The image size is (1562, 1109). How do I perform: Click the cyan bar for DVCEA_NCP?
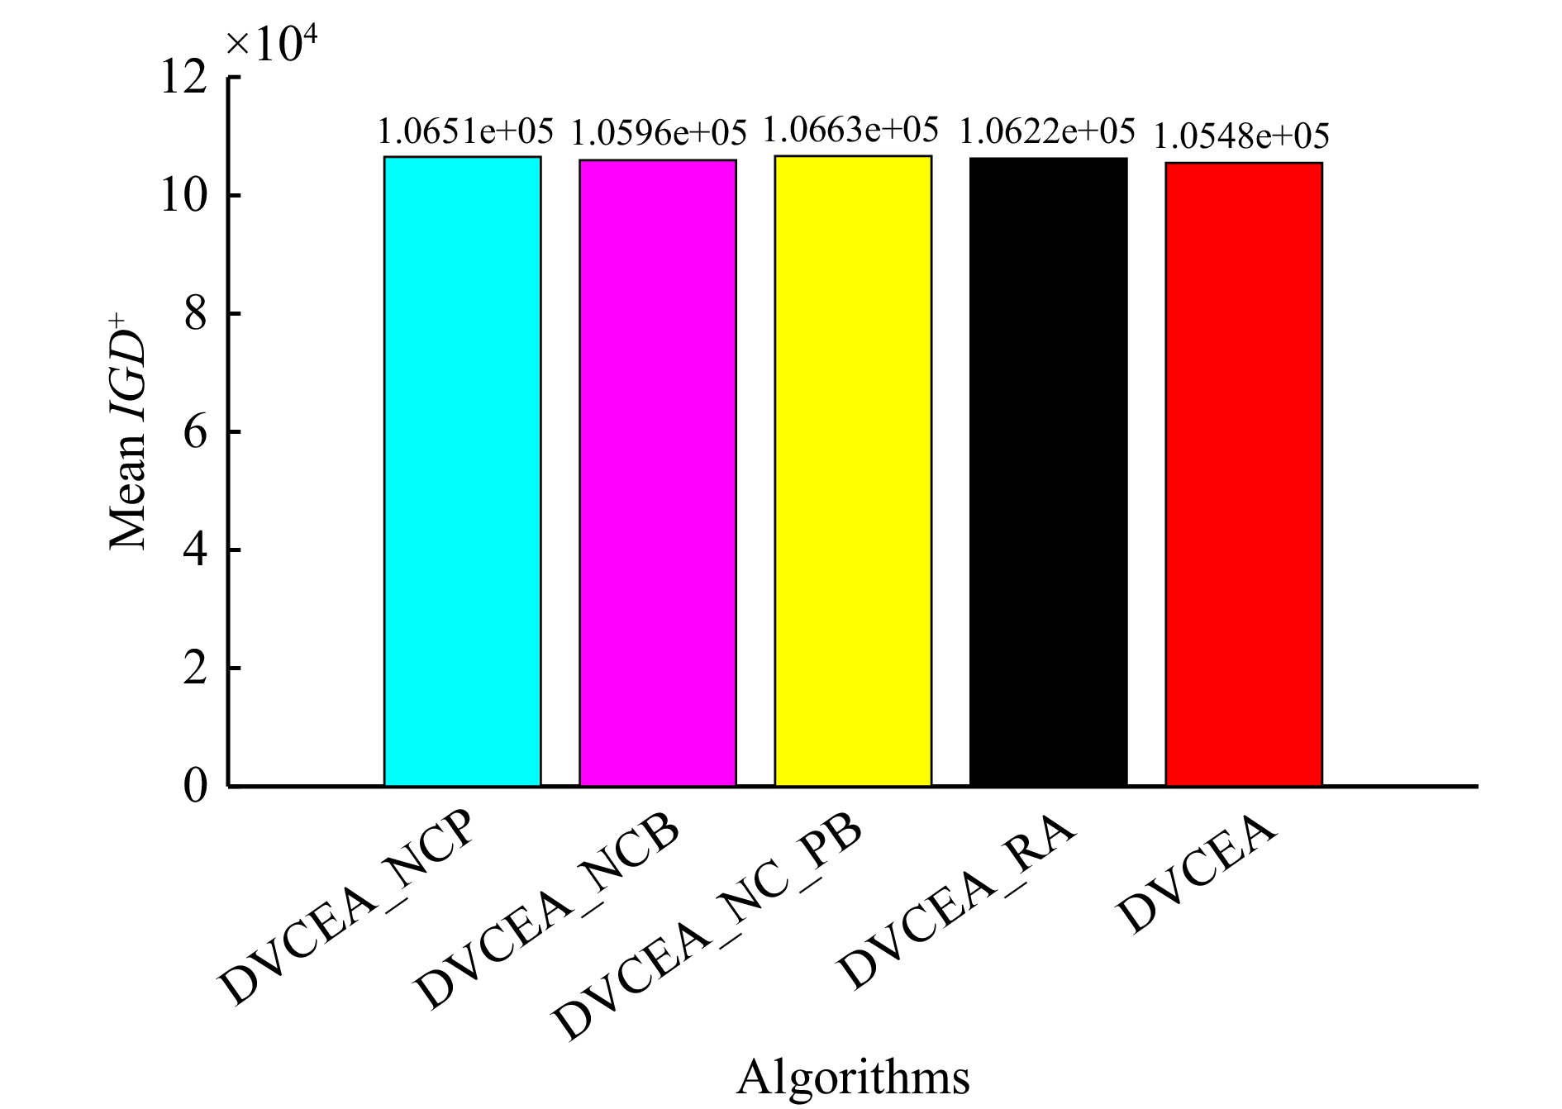point(462,471)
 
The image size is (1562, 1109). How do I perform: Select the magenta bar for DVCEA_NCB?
point(657,473)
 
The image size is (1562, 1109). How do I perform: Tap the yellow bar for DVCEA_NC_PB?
point(853,470)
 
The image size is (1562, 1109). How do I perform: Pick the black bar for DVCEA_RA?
point(1048,471)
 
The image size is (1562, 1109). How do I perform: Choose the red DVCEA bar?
point(1243,474)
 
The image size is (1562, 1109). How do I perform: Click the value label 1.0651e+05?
point(465,131)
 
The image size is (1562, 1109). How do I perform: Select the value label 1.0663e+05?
point(850,130)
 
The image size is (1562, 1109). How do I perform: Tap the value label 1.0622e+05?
point(1047,131)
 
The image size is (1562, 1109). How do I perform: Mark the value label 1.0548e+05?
point(1241,136)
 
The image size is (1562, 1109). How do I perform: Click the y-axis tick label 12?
point(183,79)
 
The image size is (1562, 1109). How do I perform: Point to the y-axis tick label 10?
point(183,197)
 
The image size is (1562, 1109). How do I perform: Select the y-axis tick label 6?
point(195,432)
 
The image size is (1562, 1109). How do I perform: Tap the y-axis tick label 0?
point(195,786)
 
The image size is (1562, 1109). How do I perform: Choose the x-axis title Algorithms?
point(853,1077)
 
